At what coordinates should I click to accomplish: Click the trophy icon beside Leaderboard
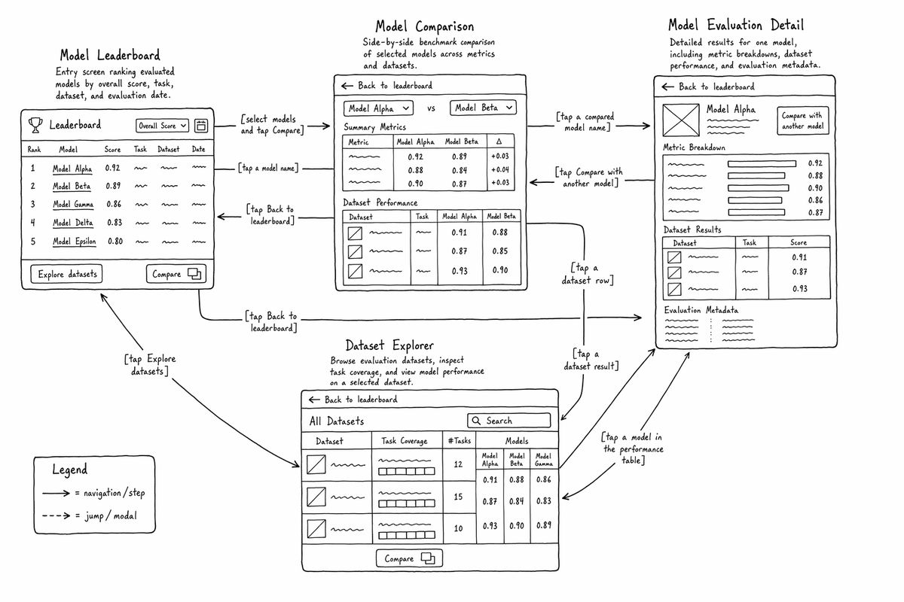click(35, 125)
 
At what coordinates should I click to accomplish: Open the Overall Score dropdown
click(162, 126)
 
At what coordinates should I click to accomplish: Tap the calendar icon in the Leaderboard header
click(201, 126)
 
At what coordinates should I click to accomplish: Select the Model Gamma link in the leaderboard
click(73, 205)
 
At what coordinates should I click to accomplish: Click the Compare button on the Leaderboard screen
click(176, 274)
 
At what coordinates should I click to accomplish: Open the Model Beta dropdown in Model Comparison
click(483, 108)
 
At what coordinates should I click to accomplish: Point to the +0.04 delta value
click(500, 170)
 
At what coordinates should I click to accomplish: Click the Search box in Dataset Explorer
click(509, 421)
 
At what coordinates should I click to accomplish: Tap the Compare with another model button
click(803, 120)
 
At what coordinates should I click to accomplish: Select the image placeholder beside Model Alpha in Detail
click(681, 120)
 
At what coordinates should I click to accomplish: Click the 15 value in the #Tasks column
click(458, 497)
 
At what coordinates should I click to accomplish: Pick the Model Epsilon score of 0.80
click(115, 241)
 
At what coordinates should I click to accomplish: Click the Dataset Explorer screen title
click(389, 345)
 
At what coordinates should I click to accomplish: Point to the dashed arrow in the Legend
click(56, 515)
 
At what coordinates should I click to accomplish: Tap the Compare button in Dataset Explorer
click(409, 558)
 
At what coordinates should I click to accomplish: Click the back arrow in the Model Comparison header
click(347, 86)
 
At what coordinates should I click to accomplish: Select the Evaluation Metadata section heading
click(701, 310)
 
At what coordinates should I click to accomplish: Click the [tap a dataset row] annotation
click(588, 274)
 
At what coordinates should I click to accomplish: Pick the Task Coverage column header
click(405, 441)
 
